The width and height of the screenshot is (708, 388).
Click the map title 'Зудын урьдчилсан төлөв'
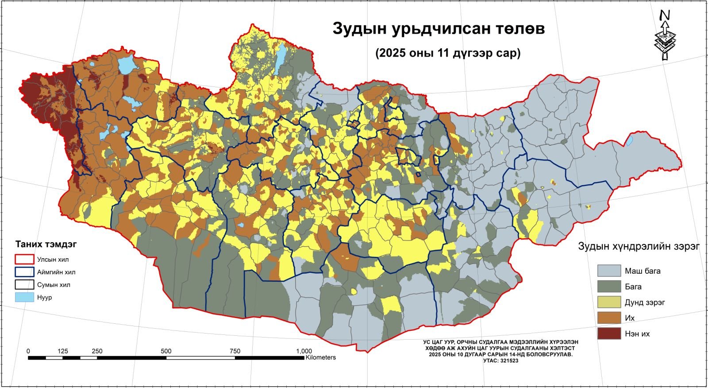pyautogui.click(x=439, y=29)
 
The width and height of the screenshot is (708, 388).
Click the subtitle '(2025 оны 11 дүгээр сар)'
pyautogui.click(x=448, y=54)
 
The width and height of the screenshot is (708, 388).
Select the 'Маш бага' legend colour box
pyautogui.click(x=609, y=271)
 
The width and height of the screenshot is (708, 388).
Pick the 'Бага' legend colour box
pyautogui.click(x=609, y=287)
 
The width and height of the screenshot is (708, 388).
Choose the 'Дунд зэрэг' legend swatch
pyautogui.click(x=609, y=303)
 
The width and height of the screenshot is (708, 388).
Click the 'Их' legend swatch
pyautogui.click(x=609, y=318)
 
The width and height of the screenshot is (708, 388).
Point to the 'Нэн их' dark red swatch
pyautogui.click(x=609, y=334)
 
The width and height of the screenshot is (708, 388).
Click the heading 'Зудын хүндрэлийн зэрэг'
pyautogui.click(x=639, y=247)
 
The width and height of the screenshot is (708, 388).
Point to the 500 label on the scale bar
pyautogui.click(x=166, y=351)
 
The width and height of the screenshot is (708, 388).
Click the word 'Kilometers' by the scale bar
pyautogui.click(x=320, y=357)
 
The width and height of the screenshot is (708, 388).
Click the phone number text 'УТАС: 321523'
pyautogui.click(x=500, y=361)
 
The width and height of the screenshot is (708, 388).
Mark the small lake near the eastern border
pyautogui.click(x=629, y=141)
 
